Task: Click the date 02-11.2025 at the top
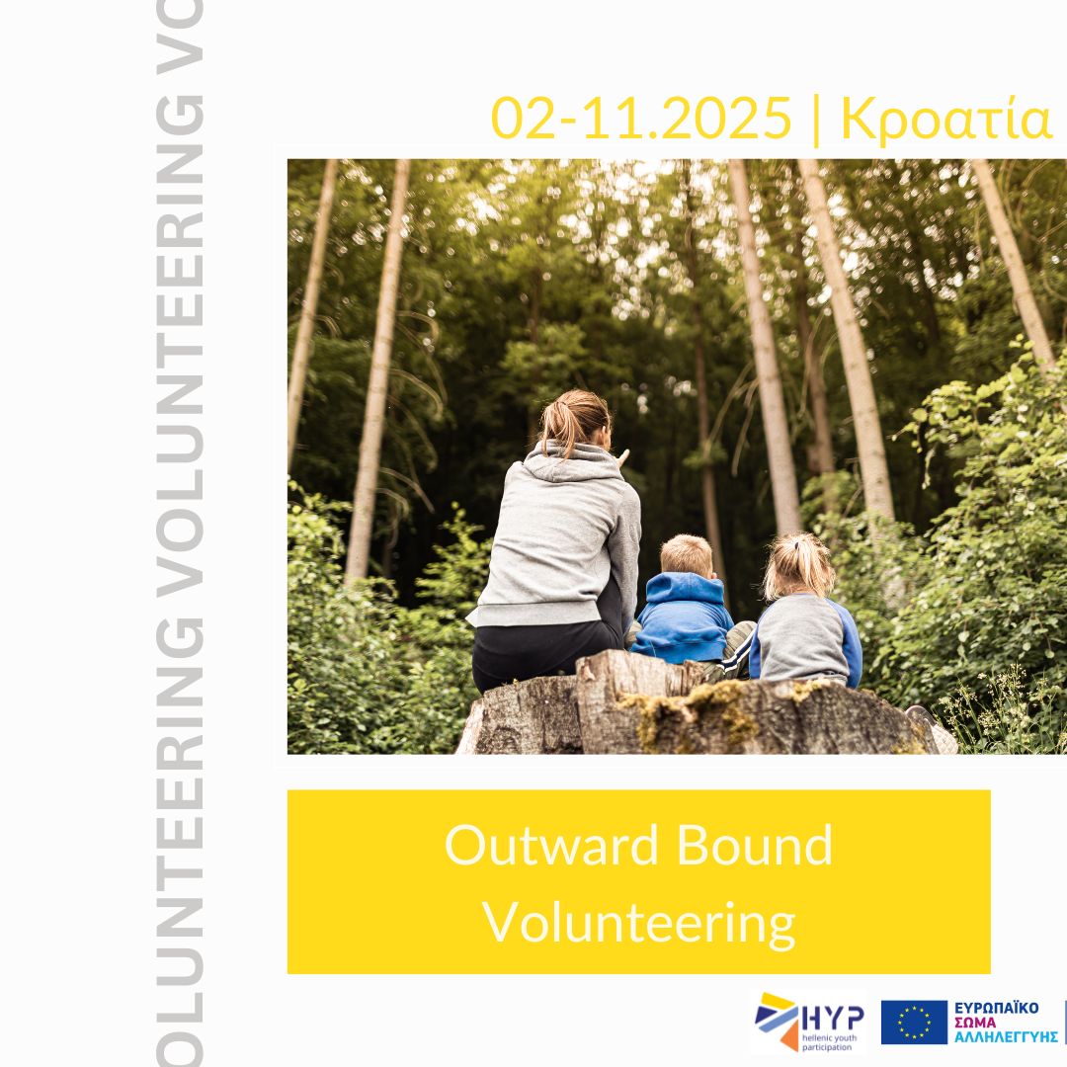(641, 119)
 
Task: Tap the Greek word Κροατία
(946, 120)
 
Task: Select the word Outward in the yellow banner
(552, 845)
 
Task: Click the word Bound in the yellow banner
(755, 845)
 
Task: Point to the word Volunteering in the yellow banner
(639, 924)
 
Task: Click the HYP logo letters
(833, 1019)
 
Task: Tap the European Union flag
(914, 1023)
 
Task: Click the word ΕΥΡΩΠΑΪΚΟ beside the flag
(996, 1008)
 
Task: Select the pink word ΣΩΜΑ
(974, 1023)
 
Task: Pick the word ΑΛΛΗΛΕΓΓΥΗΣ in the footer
(1006, 1037)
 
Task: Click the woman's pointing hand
(622, 458)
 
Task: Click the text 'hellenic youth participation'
(829, 1042)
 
